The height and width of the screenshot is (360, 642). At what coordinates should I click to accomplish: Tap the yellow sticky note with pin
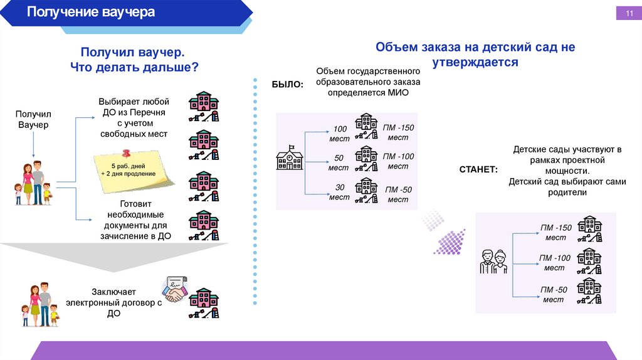pos(133,168)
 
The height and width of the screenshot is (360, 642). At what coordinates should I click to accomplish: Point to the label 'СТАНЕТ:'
pos(478,169)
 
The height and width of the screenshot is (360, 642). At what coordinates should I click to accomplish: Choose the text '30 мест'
pos(339,192)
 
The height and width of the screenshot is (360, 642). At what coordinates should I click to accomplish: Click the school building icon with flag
pos(290,158)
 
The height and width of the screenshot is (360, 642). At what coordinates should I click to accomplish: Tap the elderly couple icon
pos(493,262)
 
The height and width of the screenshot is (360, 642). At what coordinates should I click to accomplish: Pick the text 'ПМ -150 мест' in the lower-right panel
pos(555,233)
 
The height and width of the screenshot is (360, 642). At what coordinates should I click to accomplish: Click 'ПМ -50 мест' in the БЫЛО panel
pos(398,194)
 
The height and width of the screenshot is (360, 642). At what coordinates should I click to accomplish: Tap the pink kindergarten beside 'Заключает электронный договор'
pos(204,303)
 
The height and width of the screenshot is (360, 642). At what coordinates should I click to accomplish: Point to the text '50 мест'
pos(339,162)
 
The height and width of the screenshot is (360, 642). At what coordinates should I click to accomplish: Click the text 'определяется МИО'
pos(368,92)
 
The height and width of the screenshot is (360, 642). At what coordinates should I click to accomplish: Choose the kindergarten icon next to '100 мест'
pos(366,127)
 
